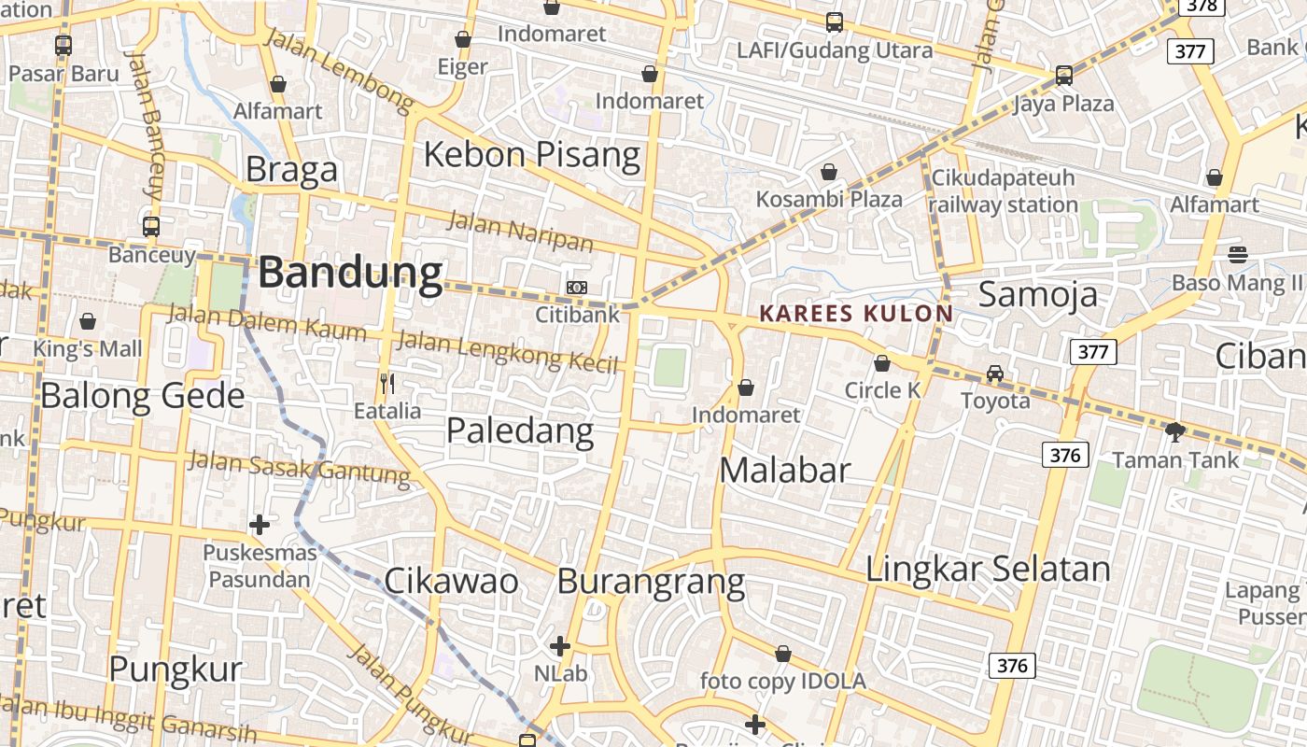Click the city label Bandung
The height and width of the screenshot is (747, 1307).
(350, 273)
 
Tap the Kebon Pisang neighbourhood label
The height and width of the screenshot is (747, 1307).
(532, 154)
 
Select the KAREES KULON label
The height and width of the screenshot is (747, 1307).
(856, 314)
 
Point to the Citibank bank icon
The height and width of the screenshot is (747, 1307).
(577, 288)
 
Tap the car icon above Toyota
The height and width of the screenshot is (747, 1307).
(995, 373)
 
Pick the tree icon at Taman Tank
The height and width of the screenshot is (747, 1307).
(1175, 431)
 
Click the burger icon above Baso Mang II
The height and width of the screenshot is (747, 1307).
(1238, 254)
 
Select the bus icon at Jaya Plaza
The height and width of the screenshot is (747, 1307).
(1063, 76)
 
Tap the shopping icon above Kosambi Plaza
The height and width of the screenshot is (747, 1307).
(828, 172)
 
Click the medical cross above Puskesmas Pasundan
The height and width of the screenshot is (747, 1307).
(260, 525)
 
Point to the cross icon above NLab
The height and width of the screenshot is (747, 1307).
(560, 645)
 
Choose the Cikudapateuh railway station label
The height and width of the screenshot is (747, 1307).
(1003, 191)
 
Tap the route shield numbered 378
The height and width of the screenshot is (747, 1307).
(1202, 6)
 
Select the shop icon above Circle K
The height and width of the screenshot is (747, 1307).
(882, 363)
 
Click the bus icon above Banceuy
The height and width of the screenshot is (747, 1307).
(151, 226)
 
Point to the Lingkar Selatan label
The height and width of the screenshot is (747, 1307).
(988, 569)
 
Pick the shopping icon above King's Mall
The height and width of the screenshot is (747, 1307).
(88, 322)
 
